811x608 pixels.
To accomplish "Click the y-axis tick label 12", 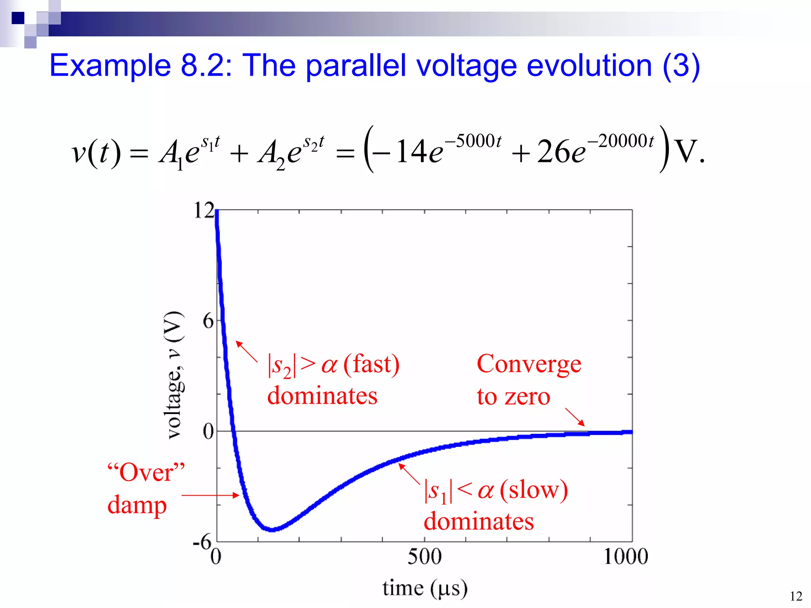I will (204, 211).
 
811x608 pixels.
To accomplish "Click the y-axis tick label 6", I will (208, 321).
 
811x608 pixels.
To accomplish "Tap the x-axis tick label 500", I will (424, 557).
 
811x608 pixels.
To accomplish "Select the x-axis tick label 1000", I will (626, 557).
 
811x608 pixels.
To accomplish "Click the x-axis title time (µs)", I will (425, 588).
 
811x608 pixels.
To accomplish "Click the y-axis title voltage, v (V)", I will (174, 375).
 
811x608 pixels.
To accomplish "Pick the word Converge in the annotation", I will (529, 364).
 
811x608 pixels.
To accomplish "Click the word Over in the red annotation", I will (146, 473).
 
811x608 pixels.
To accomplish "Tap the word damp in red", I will (137, 505).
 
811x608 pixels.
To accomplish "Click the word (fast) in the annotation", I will (371, 364).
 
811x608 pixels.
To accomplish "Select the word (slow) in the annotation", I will (533, 490).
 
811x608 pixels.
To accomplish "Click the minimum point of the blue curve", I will (272, 529).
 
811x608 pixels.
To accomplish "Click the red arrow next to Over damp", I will (210, 495).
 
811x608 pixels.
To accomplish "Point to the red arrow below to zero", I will (575, 417).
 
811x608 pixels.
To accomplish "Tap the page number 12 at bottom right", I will (796, 596).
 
